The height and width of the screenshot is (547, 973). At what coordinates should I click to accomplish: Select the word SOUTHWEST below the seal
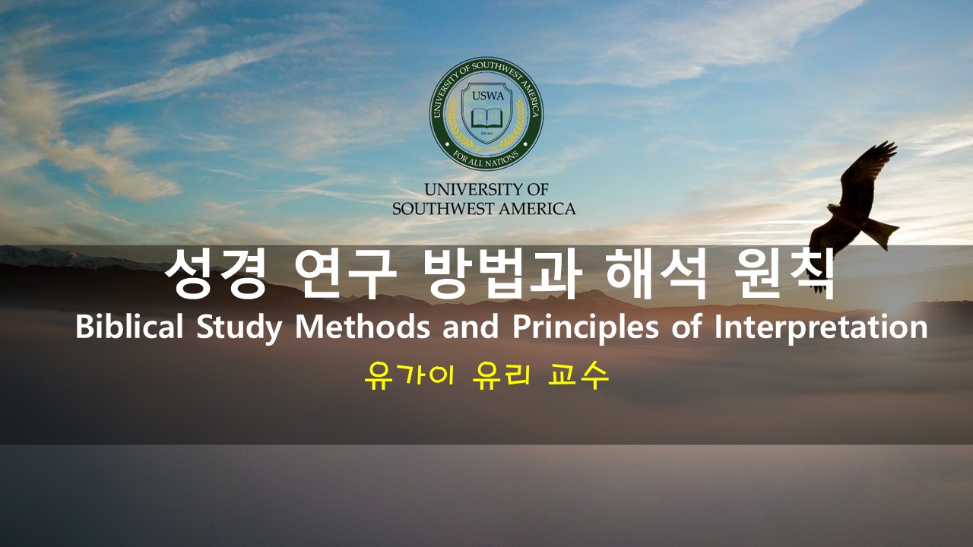point(444,209)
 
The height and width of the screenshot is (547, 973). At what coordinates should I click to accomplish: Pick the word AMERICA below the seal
point(537,209)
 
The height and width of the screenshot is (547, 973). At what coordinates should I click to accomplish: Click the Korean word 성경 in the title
point(214,273)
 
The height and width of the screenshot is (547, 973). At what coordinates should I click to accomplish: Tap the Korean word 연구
point(345,273)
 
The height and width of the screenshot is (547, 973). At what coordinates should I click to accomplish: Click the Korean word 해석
point(657,273)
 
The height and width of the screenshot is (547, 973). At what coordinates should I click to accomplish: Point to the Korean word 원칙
point(785,273)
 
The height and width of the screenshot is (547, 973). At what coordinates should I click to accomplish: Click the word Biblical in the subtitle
point(129,327)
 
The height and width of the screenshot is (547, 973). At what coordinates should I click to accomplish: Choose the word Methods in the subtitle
point(363,327)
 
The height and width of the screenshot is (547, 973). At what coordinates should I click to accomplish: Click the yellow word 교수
point(578,376)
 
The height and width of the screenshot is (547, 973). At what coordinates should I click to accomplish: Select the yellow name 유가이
point(410,376)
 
